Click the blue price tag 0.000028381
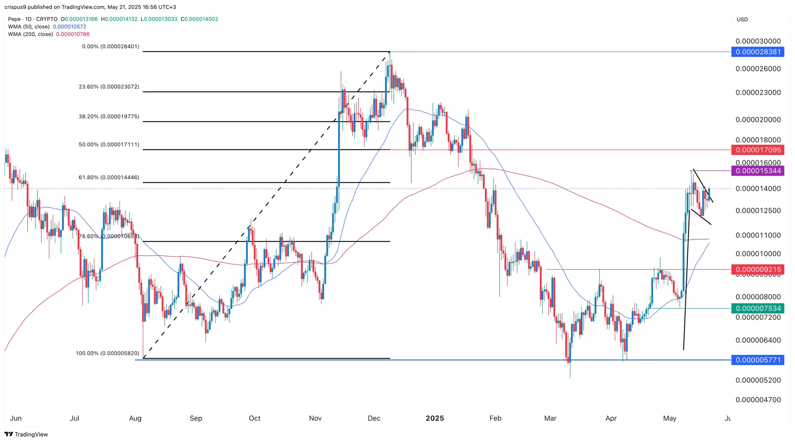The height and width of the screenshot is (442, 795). (x=757, y=52)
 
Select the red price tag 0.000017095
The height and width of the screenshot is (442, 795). (x=757, y=150)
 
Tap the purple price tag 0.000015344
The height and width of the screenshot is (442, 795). (x=757, y=171)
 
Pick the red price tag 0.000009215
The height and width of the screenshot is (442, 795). (x=757, y=269)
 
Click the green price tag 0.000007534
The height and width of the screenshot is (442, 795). (x=757, y=308)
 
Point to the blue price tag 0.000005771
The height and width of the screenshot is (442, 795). (x=757, y=360)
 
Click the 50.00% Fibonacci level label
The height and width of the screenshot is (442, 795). (x=109, y=145)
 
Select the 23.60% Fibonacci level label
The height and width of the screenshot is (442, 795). (x=109, y=87)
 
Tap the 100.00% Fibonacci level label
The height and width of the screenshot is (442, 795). (x=107, y=353)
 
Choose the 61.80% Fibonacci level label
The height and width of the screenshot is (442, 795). (x=109, y=178)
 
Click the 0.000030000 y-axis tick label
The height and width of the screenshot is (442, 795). (x=758, y=41)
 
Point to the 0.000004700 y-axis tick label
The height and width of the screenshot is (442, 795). (x=758, y=400)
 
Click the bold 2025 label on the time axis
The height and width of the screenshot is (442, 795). (x=435, y=418)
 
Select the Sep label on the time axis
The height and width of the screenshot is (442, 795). (x=196, y=418)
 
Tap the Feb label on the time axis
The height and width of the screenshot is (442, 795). (x=495, y=418)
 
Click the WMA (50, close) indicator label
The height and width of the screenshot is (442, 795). (x=29, y=27)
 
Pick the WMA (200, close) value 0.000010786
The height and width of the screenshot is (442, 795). (x=73, y=34)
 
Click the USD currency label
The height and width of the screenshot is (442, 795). (x=742, y=20)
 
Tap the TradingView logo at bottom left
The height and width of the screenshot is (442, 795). (x=26, y=434)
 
